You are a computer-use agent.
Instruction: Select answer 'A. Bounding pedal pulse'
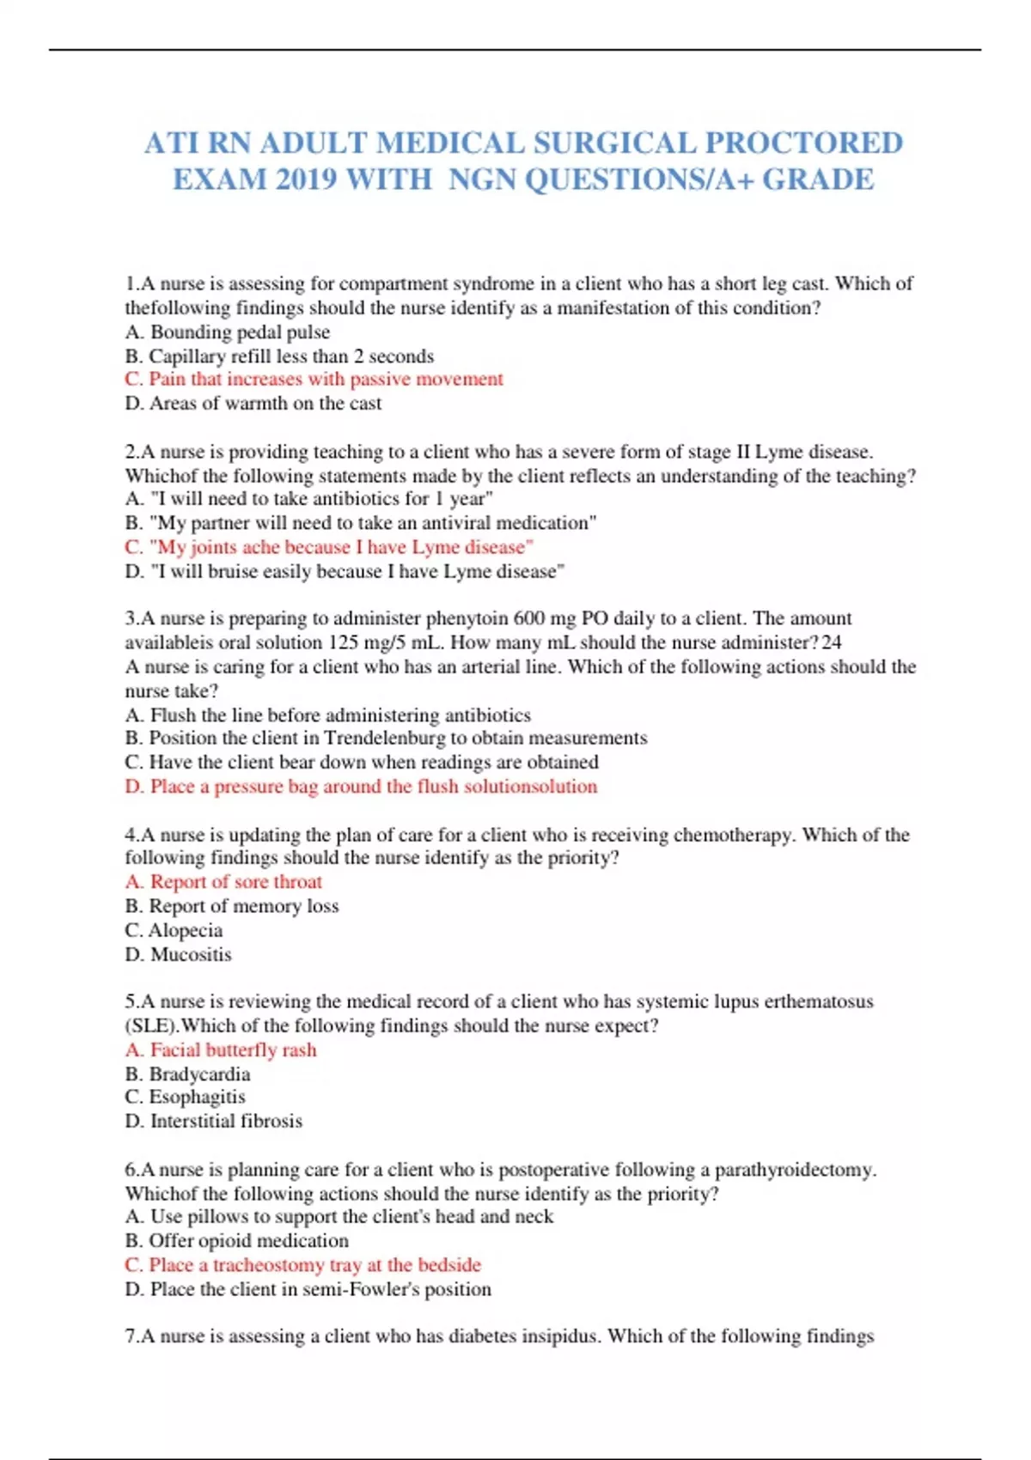tap(228, 332)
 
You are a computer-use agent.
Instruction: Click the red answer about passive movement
tap(314, 379)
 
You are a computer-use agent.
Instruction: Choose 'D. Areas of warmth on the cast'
tap(253, 403)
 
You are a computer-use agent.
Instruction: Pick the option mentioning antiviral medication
tap(361, 522)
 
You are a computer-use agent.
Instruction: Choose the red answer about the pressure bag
tap(361, 786)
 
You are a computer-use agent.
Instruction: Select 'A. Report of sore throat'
tap(223, 881)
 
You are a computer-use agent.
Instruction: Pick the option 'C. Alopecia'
tap(174, 930)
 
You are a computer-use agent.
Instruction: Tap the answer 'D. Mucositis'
tap(179, 954)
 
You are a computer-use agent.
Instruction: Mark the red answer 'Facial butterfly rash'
tap(221, 1049)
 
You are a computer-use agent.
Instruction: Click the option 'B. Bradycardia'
tap(188, 1074)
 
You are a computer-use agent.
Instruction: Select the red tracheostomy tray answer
tap(303, 1264)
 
